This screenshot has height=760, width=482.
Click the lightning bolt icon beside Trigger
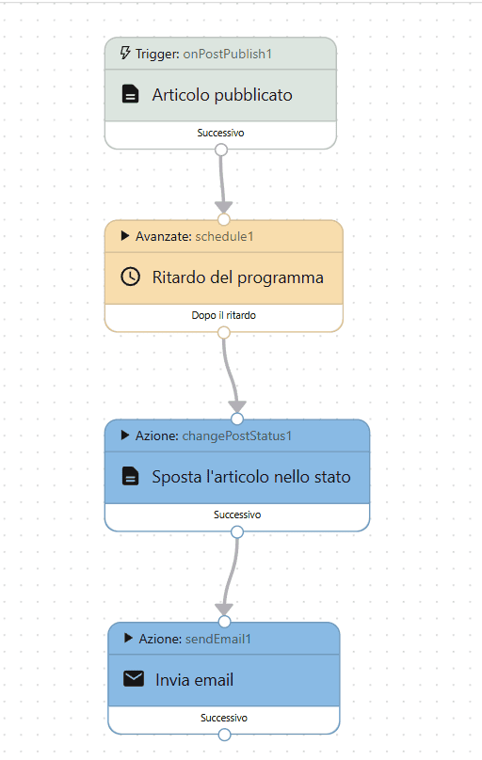[x=125, y=54]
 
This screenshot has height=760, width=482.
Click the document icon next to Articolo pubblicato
[x=131, y=95]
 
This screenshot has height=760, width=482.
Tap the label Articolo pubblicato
[x=222, y=95]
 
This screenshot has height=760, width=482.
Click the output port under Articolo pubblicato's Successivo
[x=221, y=150]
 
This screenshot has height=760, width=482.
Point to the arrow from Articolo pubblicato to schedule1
[x=223, y=183]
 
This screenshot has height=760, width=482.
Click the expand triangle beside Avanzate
[x=125, y=236]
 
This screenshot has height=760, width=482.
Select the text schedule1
[x=224, y=236]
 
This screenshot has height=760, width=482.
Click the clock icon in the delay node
[x=131, y=277]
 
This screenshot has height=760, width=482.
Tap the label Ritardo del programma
[x=237, y=277]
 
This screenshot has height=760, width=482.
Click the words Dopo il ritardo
[x=223, y=316]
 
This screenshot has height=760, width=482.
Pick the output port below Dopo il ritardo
[x=223, y=332]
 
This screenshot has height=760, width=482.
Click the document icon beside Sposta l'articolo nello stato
[x=131, y=477]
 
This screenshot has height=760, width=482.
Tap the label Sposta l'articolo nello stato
[x=250, y=477]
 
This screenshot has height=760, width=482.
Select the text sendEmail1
[x=217, y=639]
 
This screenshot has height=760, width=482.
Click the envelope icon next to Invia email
[x=133, y=679]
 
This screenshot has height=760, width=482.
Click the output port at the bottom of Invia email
[x=224, y=735]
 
